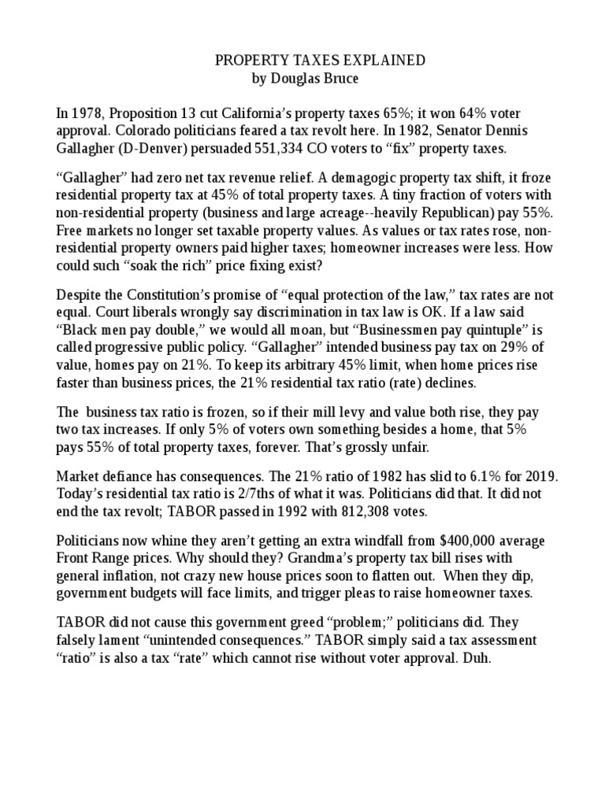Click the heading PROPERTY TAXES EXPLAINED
(x=310, y=61)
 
